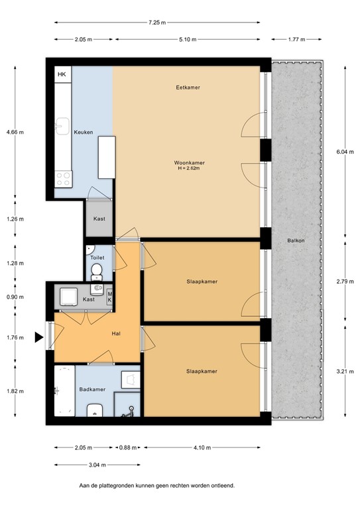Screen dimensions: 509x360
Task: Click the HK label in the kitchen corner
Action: pos(62,74)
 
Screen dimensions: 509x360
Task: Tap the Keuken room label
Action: pos(83,132)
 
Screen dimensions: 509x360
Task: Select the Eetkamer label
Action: pos(188,87)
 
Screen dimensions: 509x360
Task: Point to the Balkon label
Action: pos(296,241)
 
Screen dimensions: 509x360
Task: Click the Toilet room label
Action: pos(97,258)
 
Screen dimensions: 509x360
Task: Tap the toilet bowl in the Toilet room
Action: pos(97,270)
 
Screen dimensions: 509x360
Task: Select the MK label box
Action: pos(110,296)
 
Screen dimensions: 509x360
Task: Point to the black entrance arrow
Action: pos(39,337)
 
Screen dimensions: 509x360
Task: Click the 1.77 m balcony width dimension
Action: pos(297,39)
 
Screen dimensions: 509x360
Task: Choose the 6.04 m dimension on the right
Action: pos(342,152)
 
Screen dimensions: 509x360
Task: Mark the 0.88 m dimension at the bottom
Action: pos(127,447)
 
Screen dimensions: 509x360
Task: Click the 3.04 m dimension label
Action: pos(97,466)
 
